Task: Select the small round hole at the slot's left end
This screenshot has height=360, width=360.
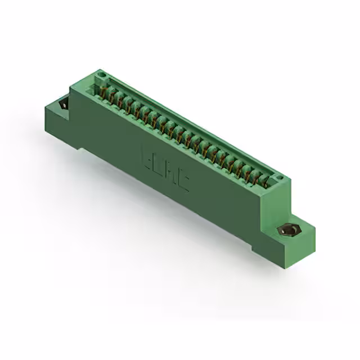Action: (x=101, y=74)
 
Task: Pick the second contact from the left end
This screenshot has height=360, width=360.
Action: (x=112, y=96)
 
